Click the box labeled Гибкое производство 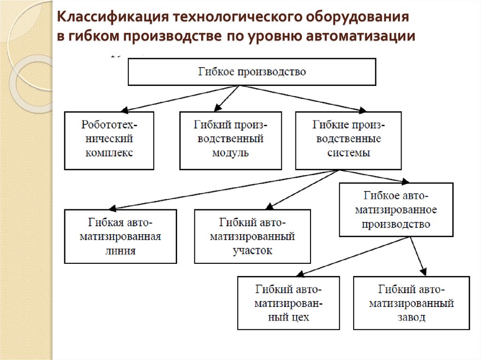pyautogui.click(x=252, y=72)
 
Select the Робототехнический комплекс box pyautogui.click(x=109, y=140)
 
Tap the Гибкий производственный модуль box pyautogui.click(x=230, y=140)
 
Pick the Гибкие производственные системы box pyautogui.click(x=348, y=140)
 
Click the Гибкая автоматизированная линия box pyautogui.click(x=120, y=236)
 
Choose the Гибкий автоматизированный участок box pyautogui.click(x=252, y=236)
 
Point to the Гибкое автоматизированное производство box pyautogui.click(x=396, y=209)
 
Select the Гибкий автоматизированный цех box pyautogui.click(x=288, y=303)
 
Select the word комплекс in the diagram pyautogui.click(x=109, y=153)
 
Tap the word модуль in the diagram pyautogui.click(x=230, y=153)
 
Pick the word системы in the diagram pyautogui.click(x=348, y=153)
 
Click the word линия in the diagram pyautogui.click(x=120, y=251)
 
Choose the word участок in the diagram pyautogui.click(x=252, y=251)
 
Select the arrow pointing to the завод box pyautogui.click(x=418, y=256)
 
